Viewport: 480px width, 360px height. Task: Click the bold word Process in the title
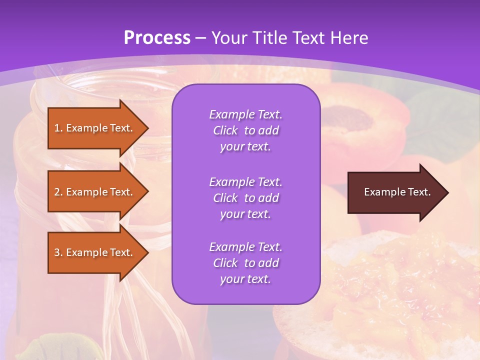157,38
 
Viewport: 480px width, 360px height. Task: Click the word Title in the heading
270,38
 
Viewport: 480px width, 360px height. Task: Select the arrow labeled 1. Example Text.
95,128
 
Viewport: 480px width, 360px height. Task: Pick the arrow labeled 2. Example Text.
95,192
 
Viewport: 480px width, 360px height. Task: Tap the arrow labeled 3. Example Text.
95,252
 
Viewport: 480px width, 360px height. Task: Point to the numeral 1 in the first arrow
56,128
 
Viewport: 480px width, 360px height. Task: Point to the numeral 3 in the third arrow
56,252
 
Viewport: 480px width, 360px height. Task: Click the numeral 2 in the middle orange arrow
56,192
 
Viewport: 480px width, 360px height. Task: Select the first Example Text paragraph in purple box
245,130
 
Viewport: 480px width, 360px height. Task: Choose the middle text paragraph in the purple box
245,198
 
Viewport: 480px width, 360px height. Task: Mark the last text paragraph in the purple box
245,263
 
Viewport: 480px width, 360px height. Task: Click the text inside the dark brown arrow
397,192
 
